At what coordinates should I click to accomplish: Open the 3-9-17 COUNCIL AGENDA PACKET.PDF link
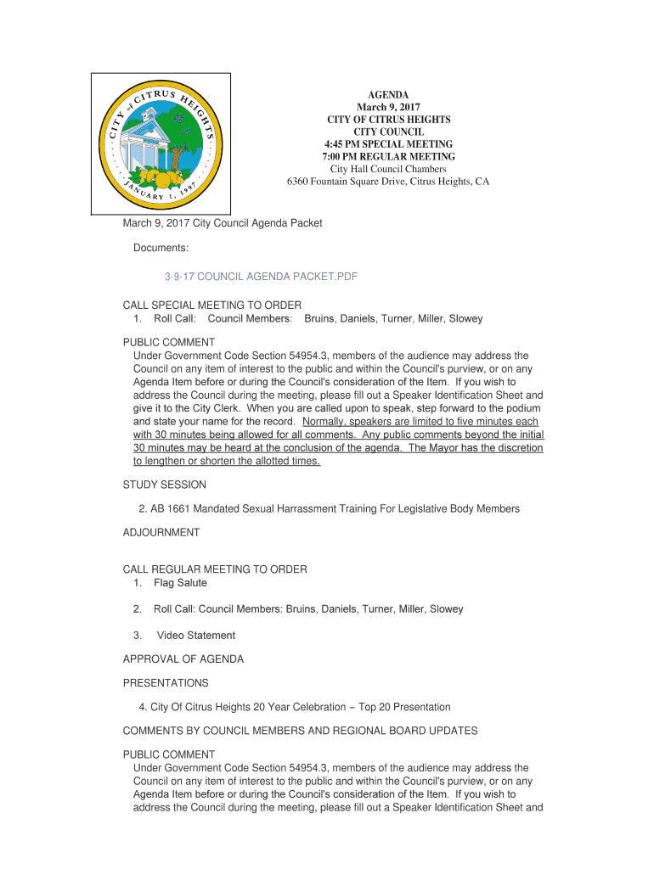[x=261, y=278]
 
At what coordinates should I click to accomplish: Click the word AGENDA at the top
[x=388, y=95]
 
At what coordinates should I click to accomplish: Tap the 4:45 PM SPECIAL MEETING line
[x=388, y=144]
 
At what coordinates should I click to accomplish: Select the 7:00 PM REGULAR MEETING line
[x=388, y=157]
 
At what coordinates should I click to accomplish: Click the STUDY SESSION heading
[x=164, y=485]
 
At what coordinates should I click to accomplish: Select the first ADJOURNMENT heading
[x=161, y=532]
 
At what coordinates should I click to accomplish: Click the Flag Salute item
[x=180, y=583]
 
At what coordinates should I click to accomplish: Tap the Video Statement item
[x=195, y=635]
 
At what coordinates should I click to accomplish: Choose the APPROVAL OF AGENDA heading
[x=183, y=659]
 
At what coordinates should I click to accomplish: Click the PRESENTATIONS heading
[x=166, y=683]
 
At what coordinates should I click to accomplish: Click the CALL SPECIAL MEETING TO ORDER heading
[x=212, y=306]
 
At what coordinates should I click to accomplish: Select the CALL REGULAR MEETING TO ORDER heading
[x=215, y=569]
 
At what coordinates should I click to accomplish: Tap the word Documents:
[x=161, y=248]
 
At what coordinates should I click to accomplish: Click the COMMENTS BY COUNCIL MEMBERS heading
[x=300, y=731]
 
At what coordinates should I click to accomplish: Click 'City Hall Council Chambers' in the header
[x=388, y=169]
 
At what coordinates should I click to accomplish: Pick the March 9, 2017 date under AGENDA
[x=388, y=108]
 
